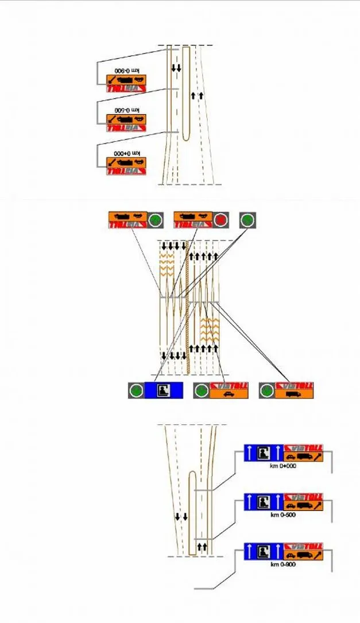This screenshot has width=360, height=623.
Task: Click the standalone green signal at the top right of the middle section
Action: (x=247, y=220)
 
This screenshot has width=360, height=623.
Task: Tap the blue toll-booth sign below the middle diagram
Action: (x=163, y=390)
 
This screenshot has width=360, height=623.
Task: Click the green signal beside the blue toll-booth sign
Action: (x=136, y=391)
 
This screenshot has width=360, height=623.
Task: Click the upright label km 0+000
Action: (x=283, y=466)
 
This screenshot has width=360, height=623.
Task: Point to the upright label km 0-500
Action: (x=283, y=515)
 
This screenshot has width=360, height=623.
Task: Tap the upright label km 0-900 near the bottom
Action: (x=283, y=564)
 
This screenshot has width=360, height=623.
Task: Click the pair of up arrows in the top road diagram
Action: (x=197, y=95)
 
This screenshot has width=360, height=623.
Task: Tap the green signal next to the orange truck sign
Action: (x=266, y=391)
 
